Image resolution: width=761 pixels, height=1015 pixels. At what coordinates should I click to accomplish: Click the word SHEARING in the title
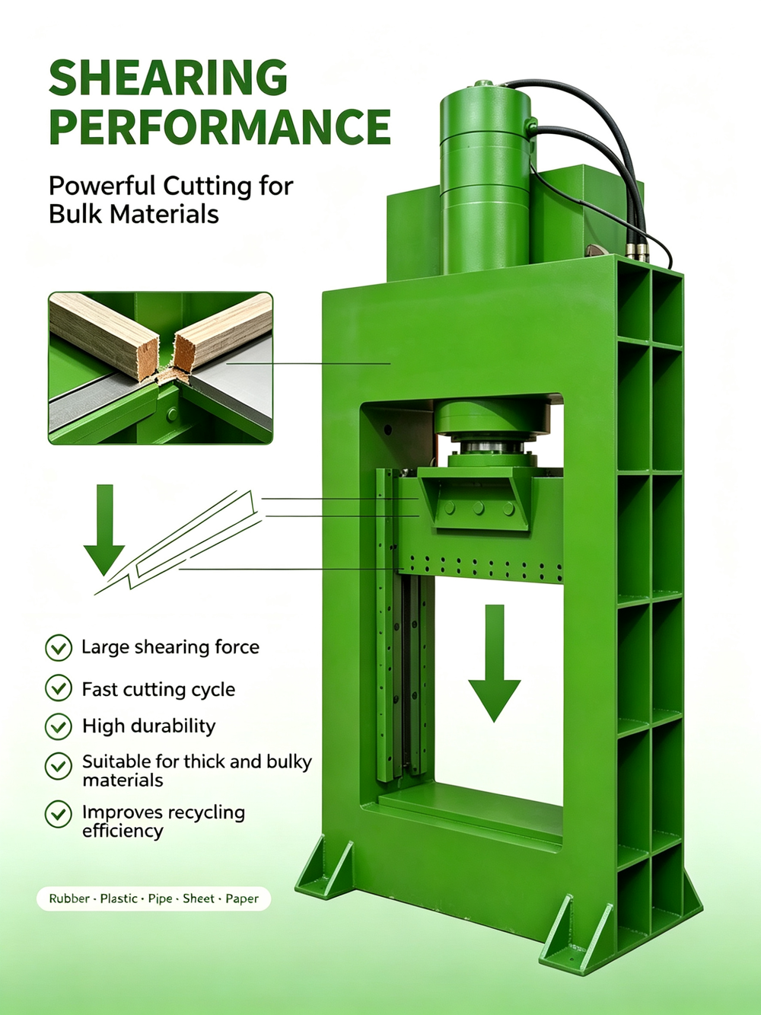pyautogui.click(x=168, y=77)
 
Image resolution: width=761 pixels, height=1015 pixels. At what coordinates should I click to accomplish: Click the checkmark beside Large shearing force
pyautogui.click(x=59, y=647)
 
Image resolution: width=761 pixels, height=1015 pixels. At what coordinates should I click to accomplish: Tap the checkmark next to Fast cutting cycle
pyautogui.click(x=59, y=688)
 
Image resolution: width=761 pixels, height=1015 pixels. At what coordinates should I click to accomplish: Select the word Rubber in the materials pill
pyautogui.click(x=68, y=899)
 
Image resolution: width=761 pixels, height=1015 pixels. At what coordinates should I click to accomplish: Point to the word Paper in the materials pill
pyautogui.click(x=242, y=899)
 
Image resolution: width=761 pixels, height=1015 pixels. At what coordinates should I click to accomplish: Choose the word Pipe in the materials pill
pyautogui.click(x=160, y=899)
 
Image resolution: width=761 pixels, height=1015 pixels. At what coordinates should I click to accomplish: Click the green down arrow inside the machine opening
pyautogui.click(x=495, y=662)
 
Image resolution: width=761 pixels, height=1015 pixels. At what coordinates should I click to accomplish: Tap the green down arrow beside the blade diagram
pyautogui.click(x=104, y=530)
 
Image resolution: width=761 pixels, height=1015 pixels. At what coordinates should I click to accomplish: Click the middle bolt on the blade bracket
pyautogui.click(x=478, y=508)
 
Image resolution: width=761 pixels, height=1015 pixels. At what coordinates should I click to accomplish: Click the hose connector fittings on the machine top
pyautogui.click(x=637, y=251)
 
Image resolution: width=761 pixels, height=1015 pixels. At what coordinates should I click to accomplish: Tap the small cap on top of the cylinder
pyautogui.click(x=483, y=84)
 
